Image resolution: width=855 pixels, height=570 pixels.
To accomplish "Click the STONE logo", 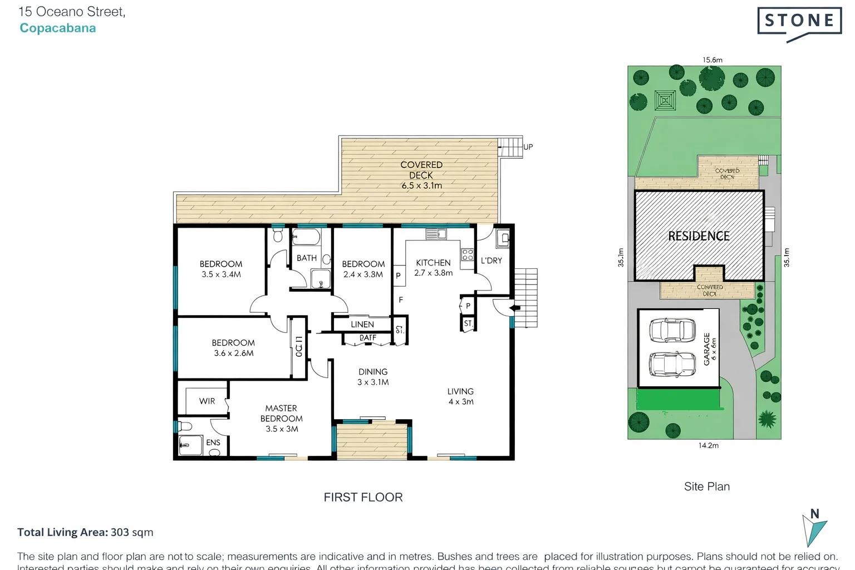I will [799, 22].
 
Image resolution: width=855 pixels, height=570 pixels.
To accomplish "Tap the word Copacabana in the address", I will [58, 28].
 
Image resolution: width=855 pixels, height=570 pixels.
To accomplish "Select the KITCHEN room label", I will [433, 263].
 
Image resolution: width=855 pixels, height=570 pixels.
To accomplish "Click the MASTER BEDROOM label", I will [282, 414].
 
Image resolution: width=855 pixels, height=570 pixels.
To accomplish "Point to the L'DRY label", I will [491, 261].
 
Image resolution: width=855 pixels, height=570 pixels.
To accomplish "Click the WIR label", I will [207, 401].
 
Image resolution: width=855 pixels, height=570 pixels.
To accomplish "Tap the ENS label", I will [213, 443].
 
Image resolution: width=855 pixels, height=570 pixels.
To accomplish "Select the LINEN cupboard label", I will [362, 325].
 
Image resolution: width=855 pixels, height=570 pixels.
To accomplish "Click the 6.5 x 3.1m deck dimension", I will [422, 186].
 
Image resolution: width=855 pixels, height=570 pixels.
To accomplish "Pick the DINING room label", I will [373, 372].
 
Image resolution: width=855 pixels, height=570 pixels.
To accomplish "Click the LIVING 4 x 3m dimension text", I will [461, 402].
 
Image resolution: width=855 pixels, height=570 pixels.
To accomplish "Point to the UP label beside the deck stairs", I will [528, 147].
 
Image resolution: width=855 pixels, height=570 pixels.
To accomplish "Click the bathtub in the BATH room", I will [306, 238].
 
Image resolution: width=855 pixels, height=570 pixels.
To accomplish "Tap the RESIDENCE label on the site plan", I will [699, 236].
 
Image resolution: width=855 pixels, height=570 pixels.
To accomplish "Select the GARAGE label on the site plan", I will [706, 349].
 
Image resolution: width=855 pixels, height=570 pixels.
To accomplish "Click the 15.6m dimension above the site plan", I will [712, 60].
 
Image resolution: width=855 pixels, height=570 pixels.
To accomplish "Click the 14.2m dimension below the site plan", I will [709, 445].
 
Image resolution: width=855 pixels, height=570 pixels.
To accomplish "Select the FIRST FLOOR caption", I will [363, 497].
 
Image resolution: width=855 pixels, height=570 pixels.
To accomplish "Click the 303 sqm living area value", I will [132, 532].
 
